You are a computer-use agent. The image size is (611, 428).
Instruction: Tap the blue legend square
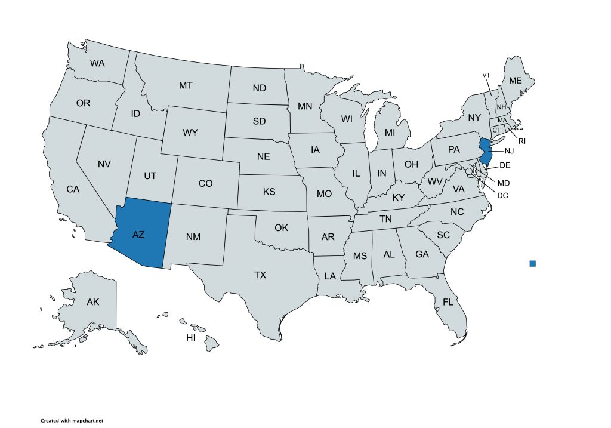(x=533, y=263)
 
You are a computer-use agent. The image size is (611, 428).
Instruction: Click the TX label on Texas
(x=260, y=275)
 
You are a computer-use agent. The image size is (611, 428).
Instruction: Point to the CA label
(x=73, y=189)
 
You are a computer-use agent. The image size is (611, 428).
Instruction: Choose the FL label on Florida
(x=448, y=302)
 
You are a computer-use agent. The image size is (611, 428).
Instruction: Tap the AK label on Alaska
(x=93, y=302)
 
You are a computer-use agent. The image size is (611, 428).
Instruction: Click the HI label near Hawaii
(x=191, y=338)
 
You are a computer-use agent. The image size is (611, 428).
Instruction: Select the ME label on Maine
(x=515, y=81)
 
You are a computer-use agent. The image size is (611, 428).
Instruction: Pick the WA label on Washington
(x=98, y=63)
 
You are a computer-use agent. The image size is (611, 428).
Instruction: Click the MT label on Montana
(x=186, y=86)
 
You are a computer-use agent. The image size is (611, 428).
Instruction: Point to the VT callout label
(x=486, y=75)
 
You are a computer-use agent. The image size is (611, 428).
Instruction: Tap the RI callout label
(x=522, y=141)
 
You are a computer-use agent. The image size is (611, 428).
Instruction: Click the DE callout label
(x=504, y=164)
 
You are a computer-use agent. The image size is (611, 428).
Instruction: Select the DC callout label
(x=502, y=195)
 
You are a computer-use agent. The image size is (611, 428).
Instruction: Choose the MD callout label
(x=504, y=182)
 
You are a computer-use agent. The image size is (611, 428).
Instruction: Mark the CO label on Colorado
(x=205, y=184)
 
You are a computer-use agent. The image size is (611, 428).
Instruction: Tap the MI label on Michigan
(x=390, y=132)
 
